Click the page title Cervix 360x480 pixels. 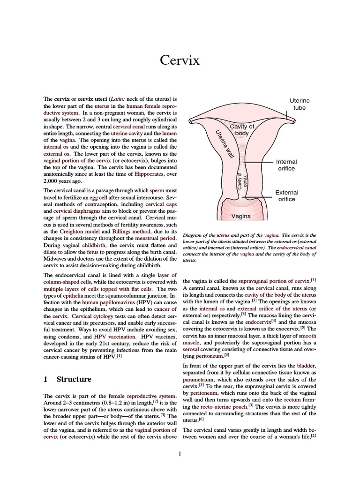(x=180, y=60)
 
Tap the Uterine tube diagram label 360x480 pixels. (x=299, y=104)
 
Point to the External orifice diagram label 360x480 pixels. (x=286, y=196)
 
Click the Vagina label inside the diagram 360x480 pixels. (x=241, y=217)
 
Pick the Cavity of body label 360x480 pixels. (x=241, y=130)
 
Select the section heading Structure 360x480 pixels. (x=74, y=379)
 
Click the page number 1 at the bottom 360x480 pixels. (x=180, y=453)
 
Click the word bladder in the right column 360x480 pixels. (x=307, y=365)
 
